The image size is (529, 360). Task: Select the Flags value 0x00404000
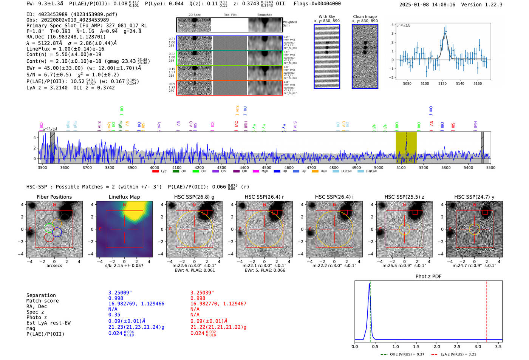click(x=326, y=4)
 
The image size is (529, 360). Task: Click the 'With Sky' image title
click(x=326, y=17)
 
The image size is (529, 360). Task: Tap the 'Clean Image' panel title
click(x=365, y=17)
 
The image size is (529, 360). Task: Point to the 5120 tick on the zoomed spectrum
click(x=442, y=83)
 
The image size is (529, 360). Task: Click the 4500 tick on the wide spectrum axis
click(x=266, y=167)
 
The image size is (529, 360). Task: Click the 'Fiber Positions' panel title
click(x=54, y=197)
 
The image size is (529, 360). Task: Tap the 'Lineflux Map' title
click(x=124, y=197)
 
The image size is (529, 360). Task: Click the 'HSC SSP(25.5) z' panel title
click(x=404, y=197)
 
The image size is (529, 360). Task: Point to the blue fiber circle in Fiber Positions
click(x=57, y=232)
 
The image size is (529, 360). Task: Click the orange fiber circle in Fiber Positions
click(x=56, y=223)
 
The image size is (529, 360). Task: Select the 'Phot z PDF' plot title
click(x=428, y=277)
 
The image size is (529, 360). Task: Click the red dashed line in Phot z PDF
click(x=487, y=310)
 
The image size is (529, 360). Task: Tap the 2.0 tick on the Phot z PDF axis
click(x=436, y=346)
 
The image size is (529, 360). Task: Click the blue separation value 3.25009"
click(x=120, y=293)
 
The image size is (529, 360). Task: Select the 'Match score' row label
click(x=42, y=301)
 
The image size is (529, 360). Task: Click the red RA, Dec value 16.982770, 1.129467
click(x=218, y=304)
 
